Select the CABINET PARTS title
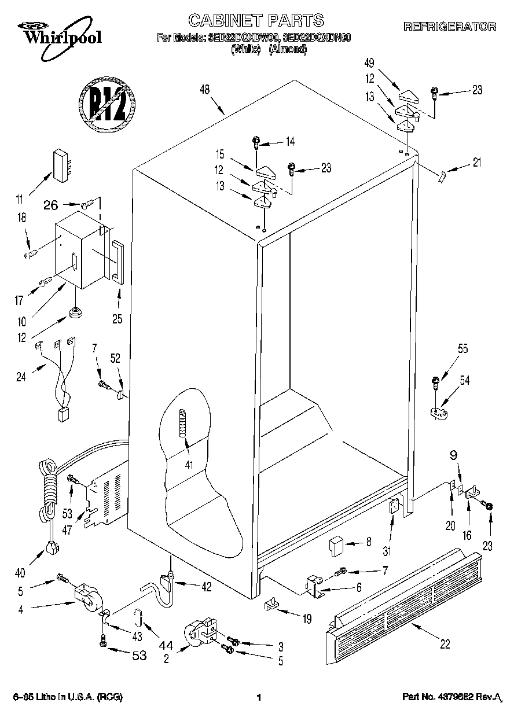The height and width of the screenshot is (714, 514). pyautogui.click(x=256, y=21)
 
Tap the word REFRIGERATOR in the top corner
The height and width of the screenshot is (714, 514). pyautogui.click(x=449, y=26)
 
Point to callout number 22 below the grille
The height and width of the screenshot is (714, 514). pyautogui.click(x=445, y=644)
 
